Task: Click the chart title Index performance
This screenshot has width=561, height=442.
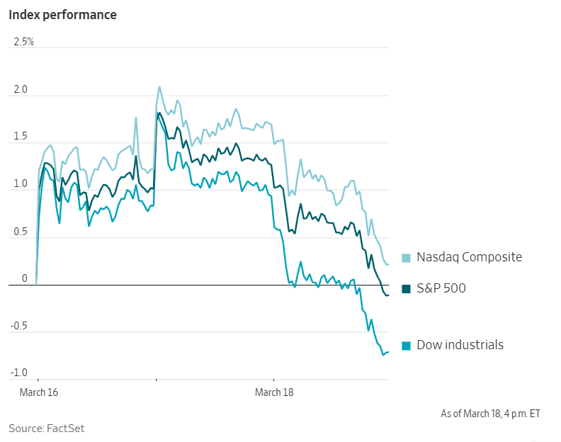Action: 62,14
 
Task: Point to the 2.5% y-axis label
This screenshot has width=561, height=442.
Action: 23,42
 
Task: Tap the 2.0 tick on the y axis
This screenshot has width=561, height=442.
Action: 20,89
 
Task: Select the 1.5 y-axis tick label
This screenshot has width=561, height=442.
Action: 20,137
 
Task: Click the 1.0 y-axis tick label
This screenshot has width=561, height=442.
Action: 20,184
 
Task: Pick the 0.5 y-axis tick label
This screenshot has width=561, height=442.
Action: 20,232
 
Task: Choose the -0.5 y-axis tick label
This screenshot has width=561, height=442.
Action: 18,326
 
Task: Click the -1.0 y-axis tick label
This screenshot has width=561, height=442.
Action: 18,373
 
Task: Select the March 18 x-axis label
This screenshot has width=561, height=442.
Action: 274,392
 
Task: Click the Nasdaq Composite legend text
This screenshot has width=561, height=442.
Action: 469,257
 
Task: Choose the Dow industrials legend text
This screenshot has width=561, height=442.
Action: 460,345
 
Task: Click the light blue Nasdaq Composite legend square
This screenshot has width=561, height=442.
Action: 407,258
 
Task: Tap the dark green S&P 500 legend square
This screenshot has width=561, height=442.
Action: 407,288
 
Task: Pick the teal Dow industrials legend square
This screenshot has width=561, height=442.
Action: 407,346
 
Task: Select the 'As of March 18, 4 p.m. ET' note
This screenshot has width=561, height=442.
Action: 489,413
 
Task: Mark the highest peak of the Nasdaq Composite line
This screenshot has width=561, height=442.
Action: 159,87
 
